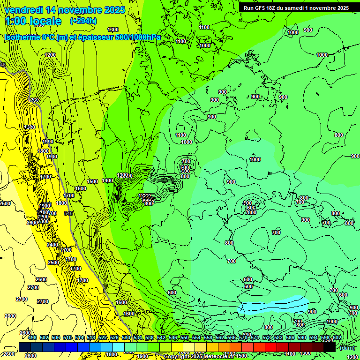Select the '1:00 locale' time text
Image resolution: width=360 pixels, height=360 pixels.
tap(33, 21)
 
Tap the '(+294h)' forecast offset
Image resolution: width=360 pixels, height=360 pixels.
tap(83, 21)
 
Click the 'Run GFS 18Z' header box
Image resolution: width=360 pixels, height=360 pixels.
tap(296, 8)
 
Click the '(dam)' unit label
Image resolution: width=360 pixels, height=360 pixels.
tap(347, 347)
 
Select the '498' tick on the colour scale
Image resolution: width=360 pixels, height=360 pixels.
tap(32, 337)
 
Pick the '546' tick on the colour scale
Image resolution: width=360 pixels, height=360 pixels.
tap(173, 337)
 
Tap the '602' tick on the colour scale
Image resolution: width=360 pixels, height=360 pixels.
tap(337, 337)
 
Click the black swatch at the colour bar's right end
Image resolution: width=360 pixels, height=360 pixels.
tap(330, 347)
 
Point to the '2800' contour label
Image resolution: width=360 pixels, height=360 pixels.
tap(10, 316)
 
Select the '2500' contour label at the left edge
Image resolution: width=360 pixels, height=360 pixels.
tap(5, 203)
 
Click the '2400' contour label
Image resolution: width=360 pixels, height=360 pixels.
tap(53, 245)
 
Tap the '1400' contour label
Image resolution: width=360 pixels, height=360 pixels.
tap(107, 180)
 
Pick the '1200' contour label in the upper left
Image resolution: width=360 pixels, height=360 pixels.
tap(50, 55)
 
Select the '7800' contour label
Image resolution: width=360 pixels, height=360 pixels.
tap(250, 212)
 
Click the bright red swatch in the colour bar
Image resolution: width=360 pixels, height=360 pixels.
tap(271, 347)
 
